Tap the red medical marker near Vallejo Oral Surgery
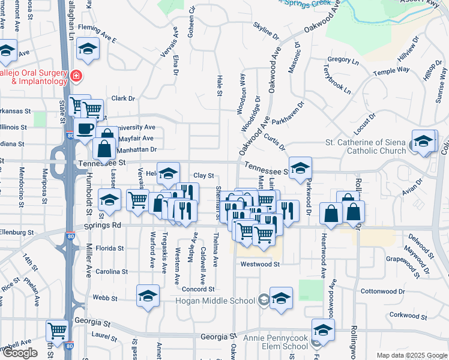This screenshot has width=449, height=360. click(76, 76)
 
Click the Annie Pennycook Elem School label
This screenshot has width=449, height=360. click(276, 342)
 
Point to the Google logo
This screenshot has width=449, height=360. click(20, 353)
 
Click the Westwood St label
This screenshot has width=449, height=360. click(260, 264)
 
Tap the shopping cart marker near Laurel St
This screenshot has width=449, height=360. click(58, 329)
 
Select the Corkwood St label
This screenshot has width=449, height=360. click(408, 314)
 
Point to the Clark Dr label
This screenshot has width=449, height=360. click(123, 98)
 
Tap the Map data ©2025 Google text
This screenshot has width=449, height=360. click(411, 355)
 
